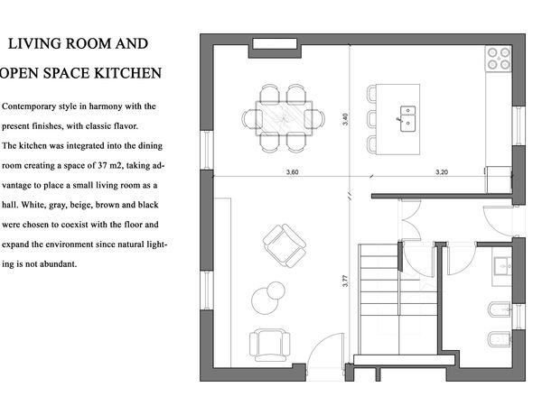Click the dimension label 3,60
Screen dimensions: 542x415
point(292,172)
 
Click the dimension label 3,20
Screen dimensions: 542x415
point(442,172)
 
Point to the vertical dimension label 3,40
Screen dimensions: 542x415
point(345,119)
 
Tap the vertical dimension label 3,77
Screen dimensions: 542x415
point(345,281)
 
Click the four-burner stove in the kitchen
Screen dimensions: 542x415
point(499,59)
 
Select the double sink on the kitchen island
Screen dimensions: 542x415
point(407,119)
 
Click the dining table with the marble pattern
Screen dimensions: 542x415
point(284,118)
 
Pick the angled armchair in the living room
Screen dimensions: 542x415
point(285,245)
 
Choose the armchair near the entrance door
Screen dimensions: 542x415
point(269,345)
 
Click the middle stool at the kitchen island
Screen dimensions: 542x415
point(372,119)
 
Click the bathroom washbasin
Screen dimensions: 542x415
point(502,266)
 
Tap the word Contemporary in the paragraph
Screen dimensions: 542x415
point(29,106)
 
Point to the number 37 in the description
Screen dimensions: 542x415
point(102,165)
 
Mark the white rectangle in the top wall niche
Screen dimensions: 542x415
point(275,44)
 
